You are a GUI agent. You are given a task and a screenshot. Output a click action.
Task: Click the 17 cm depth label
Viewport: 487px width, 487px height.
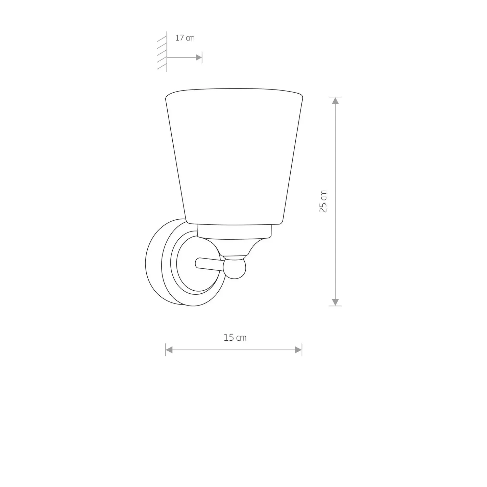(x=185, y=38)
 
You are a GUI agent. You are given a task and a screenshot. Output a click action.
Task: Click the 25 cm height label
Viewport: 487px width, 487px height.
(x=323, y=201)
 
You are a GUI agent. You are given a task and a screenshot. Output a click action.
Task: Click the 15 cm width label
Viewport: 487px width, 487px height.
(x=235, y=337)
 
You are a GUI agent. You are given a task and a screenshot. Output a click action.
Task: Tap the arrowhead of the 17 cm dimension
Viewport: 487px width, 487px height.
(x=199, y=58)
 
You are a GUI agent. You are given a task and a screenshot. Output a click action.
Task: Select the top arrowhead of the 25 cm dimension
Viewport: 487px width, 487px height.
(x=335, y=101)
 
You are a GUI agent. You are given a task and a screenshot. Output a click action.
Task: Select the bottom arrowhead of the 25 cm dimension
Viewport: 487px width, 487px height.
(x=335, y=302)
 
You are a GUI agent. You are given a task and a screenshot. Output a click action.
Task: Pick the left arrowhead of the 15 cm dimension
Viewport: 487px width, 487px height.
(x=169, y=350)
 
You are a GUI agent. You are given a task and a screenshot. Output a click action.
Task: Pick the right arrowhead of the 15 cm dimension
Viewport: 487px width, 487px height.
(x=298, y=350)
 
